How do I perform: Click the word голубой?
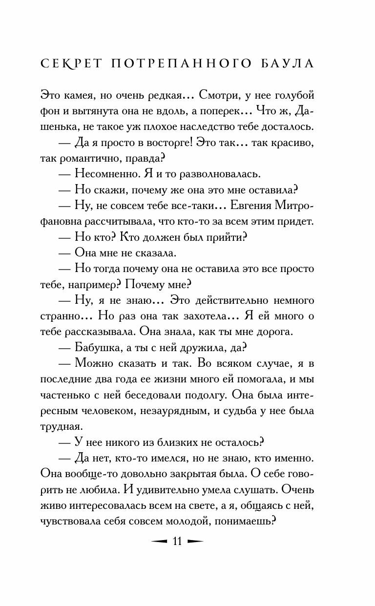[x=295, y=94]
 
